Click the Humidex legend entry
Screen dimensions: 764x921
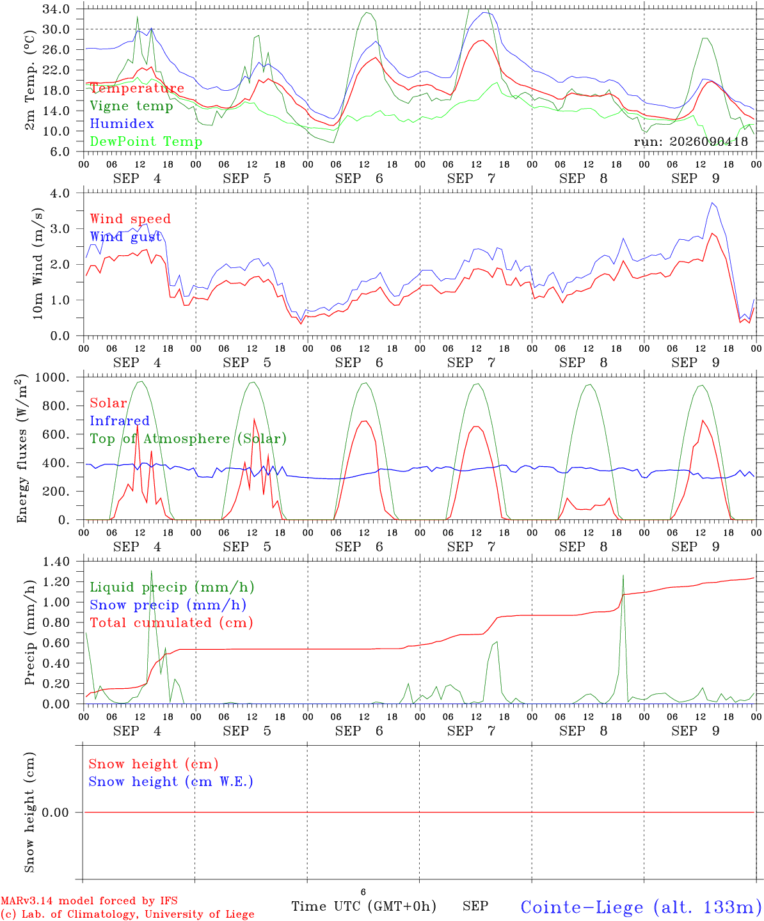(x=122, y=123)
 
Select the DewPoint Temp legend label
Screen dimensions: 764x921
(x=146, y=141)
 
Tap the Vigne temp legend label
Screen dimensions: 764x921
(x=132, y=106)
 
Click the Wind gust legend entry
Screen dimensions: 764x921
(x=126, y=237)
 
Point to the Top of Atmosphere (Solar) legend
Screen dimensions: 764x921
(x=189, y=439)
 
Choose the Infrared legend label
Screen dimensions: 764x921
(x=120, y=421)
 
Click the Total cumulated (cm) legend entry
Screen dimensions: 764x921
(x=171, y=622)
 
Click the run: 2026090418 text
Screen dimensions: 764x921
(x=691, y=141)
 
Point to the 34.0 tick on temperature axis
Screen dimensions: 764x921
(x=56, y=9)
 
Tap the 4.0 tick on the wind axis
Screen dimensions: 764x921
(x=60, y=193)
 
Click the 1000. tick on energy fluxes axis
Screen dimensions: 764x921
(x=52, y=377)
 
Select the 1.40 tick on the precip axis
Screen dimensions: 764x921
(x=56, y=562)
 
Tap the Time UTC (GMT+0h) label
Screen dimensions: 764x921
(x=364, y=906)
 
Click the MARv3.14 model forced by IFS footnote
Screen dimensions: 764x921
(x=89, y=901)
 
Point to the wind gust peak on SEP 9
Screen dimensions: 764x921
(x=712, y=203)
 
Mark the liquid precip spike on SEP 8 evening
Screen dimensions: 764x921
(x=623, y=575)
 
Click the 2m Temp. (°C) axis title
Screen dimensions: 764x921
(x=29, y=81)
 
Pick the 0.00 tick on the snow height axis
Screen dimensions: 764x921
(x=56, y=812)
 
